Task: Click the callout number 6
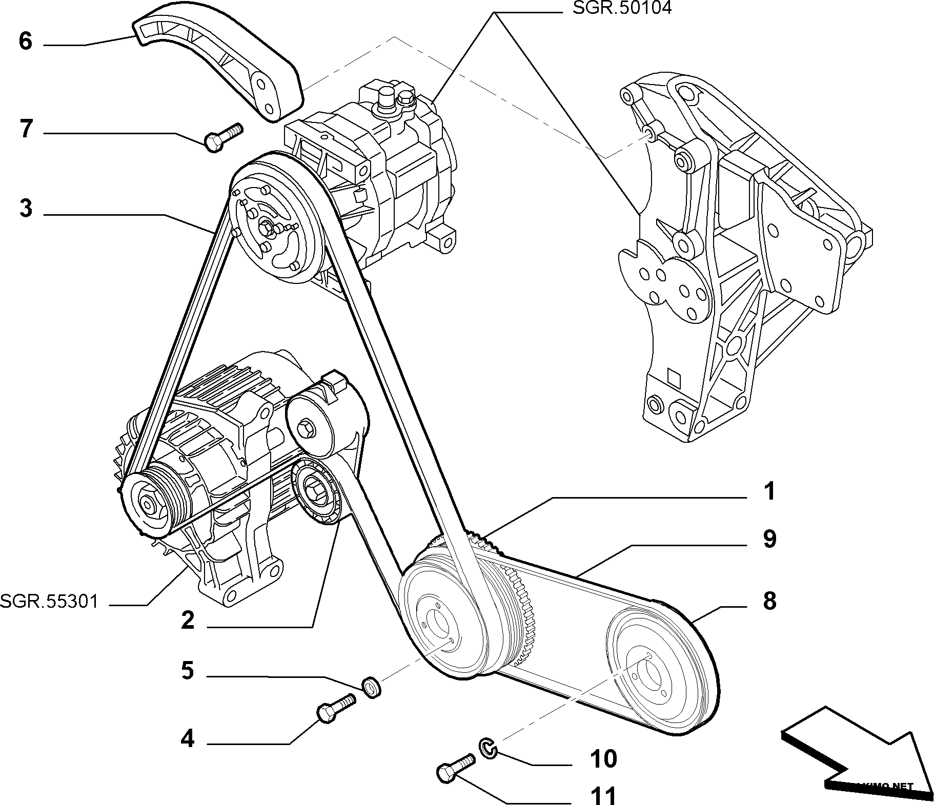25,41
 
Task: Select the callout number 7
26,129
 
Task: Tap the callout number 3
26,209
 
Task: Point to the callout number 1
769,491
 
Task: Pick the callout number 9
769,539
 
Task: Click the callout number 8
769,601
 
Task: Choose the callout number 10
603,759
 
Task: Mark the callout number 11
603,796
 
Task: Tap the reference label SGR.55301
49,601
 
